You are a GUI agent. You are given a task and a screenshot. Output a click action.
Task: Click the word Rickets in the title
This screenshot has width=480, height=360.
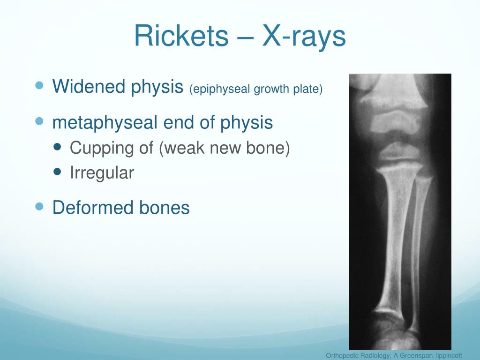pyautogui.click(x=181, y=36)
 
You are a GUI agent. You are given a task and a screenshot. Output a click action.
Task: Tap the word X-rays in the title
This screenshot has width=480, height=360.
pyautogui.click(x=304, y=37)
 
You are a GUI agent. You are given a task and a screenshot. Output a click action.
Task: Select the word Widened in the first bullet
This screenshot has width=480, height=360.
pyautogui.click(x=89, y=86)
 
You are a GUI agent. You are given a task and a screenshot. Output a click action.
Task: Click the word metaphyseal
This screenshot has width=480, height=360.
pyautogui.click(x=105, y=122)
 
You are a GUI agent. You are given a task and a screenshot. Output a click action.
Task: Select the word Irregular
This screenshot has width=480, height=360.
pyautogui.click(x=102, y=173)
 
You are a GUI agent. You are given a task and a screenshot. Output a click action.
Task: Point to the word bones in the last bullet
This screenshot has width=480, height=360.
pyautogui.click(x=165, y=207)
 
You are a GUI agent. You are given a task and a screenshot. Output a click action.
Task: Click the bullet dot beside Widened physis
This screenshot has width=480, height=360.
pyautogui.click(x=39, y=85)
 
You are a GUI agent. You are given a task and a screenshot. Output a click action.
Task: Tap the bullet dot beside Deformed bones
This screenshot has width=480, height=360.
pyautogui.click(x=39, y=207)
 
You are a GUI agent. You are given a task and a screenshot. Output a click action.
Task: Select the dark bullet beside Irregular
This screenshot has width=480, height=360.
pyautogui.click(x=57, y=171)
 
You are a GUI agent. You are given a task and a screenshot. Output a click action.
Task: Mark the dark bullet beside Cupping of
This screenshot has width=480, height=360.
pyautogui.click(x=57, y=147)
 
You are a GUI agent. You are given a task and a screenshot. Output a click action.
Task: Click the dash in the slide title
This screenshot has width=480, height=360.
pyautogui.click(x=245, y=38)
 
